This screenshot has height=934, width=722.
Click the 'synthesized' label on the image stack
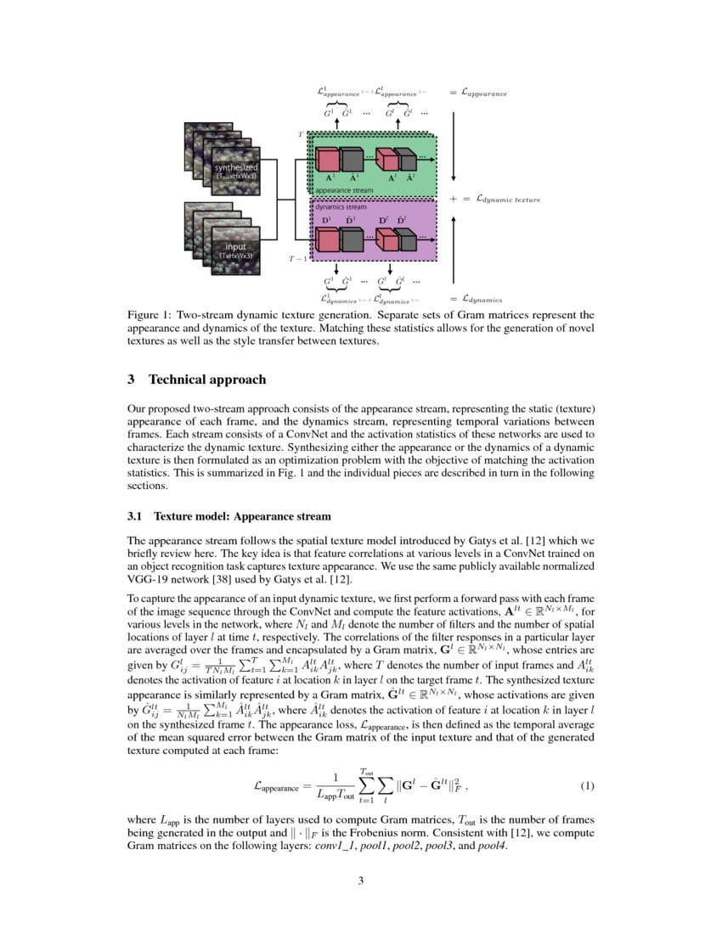coord(235,167)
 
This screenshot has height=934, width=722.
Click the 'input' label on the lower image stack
coord(235,247)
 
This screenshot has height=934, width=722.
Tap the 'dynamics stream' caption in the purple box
coord(341,206)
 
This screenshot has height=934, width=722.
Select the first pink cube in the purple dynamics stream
coord(327,239)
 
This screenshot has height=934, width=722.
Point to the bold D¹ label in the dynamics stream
coord(325,222)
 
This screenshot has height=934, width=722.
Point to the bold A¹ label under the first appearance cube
coord(328,179)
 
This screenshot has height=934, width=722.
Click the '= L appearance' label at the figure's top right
coord(478,92)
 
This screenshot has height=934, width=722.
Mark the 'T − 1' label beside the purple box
coord(298,257)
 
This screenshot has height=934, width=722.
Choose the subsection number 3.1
coord(135,515)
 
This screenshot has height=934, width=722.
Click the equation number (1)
coord(587,786)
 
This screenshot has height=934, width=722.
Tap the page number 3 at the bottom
coord(361,880)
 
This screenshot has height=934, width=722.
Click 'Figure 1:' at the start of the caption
coord(150,314)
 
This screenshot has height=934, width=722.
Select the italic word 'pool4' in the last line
coord(493,847)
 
